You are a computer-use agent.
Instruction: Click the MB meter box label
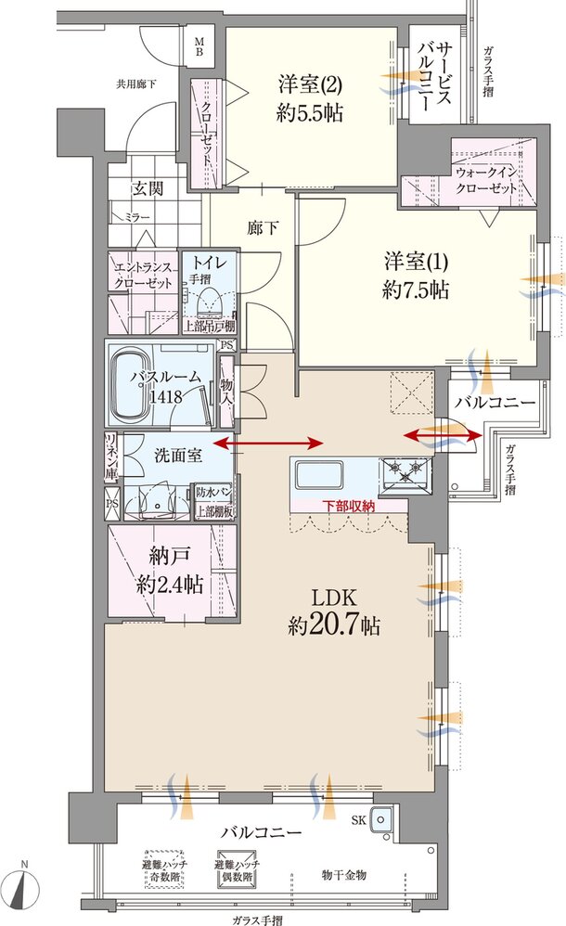199,46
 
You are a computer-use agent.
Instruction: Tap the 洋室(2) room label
310,84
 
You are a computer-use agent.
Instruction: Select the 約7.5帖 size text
416,290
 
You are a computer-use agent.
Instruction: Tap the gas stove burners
405,471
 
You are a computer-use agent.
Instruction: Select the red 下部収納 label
348,506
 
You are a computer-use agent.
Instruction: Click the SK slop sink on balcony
381,819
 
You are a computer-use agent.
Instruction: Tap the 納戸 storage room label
168,556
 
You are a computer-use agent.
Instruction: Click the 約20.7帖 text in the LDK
334,625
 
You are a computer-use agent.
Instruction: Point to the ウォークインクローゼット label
486,180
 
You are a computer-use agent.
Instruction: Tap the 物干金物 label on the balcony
344,875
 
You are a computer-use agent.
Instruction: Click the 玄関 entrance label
147,188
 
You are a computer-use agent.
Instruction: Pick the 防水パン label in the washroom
214,493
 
